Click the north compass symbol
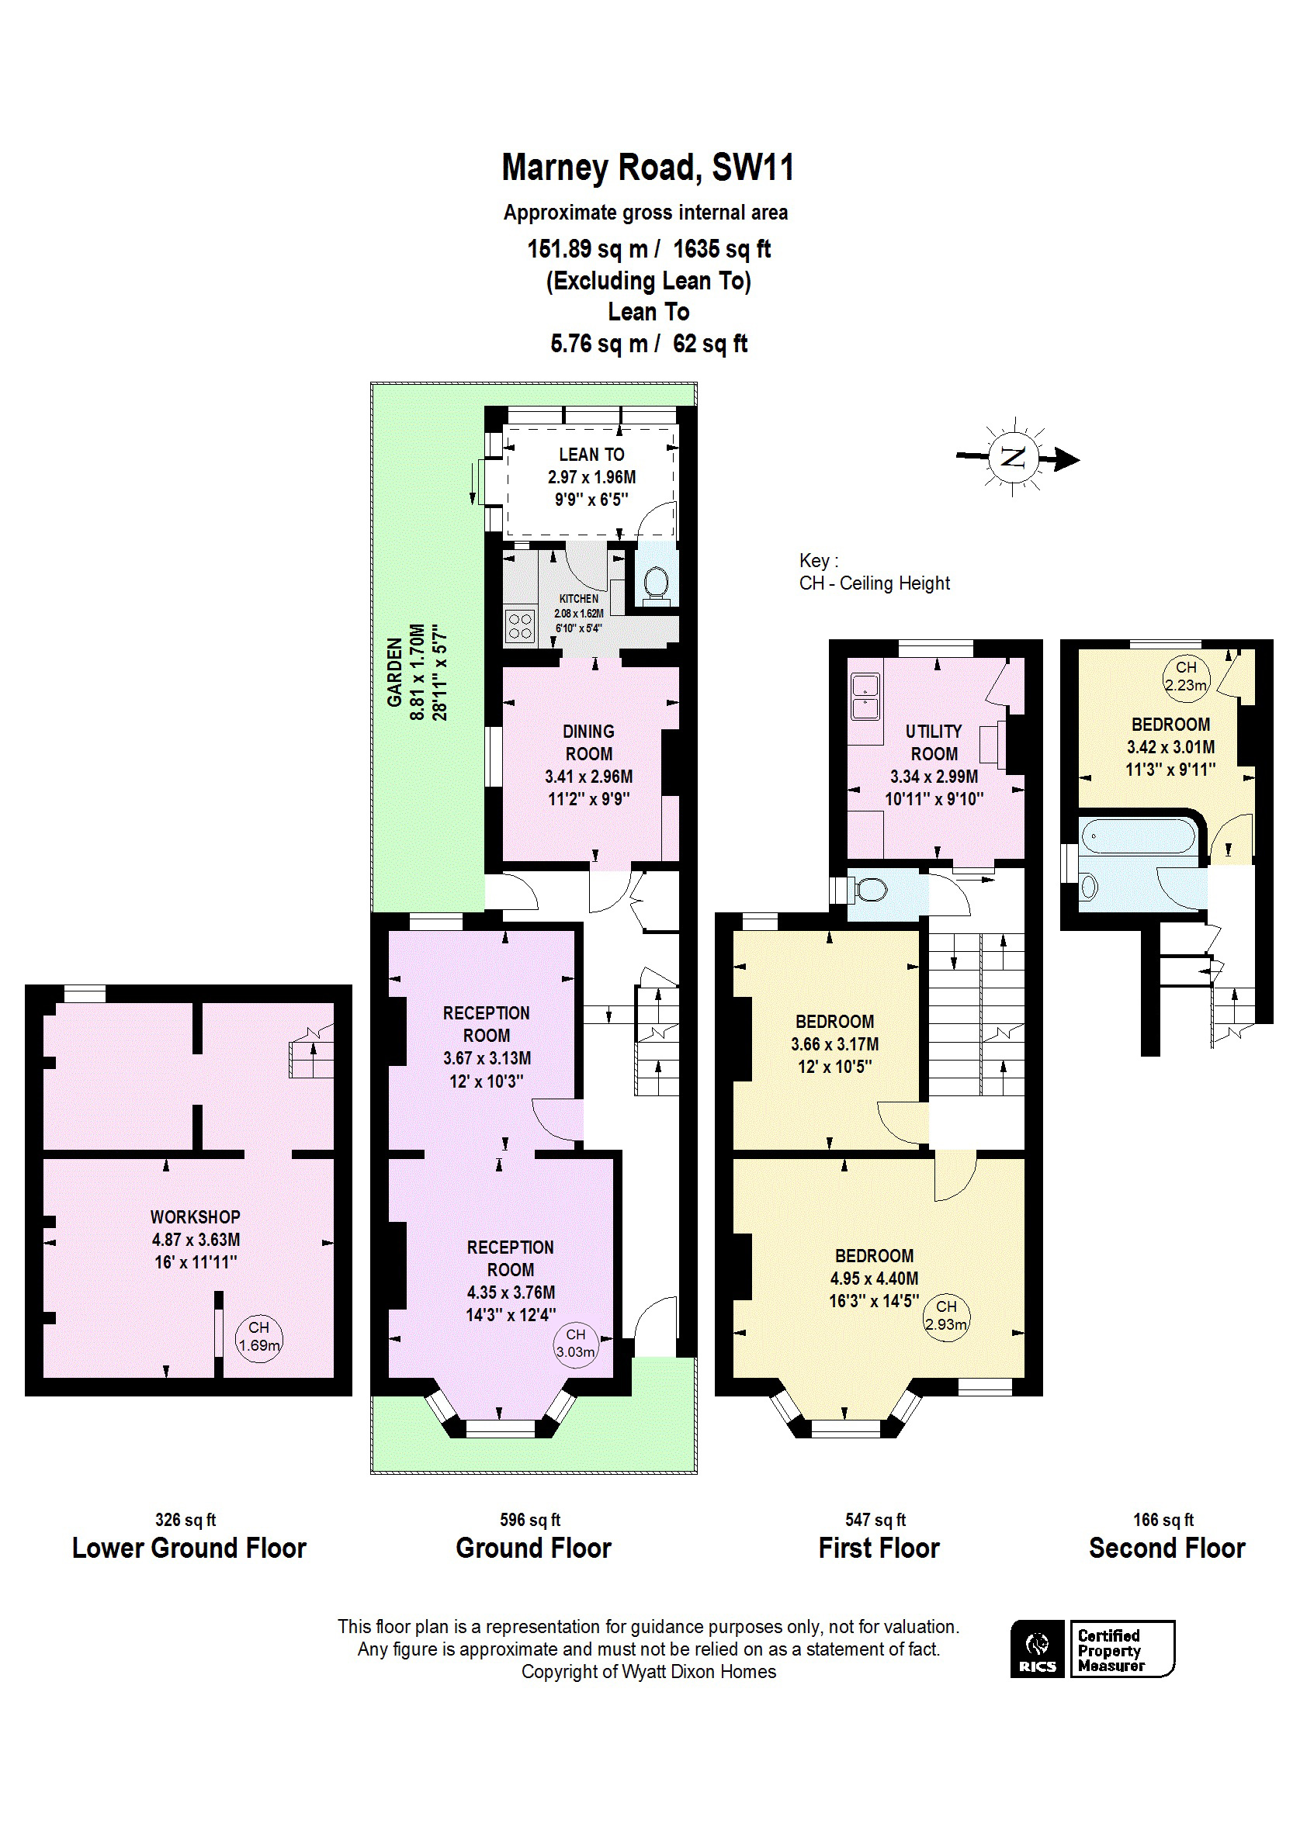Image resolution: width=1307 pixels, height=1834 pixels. coord(1015,458)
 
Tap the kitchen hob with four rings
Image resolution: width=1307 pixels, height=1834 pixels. coord(520,626)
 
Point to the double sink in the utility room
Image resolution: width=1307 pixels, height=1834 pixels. coord(865,697)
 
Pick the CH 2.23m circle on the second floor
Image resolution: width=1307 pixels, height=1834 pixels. coord(1185,677)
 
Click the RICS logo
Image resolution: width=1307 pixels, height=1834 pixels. coord(1038,1649)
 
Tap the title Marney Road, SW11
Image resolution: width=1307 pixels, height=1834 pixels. coord(648,168)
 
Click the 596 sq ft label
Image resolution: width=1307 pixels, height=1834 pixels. coord(529,1520)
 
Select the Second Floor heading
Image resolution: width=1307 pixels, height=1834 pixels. coord(1167,1548)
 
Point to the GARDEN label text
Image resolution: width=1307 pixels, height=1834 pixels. coord(394,673)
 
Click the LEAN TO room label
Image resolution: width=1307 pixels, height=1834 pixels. coord(591,455)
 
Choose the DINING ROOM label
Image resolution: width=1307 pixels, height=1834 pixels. coord(588,742)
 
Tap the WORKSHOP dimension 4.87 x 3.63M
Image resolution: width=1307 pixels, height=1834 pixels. coord(196,1240)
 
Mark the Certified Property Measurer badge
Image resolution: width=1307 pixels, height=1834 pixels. coord(1122,1649)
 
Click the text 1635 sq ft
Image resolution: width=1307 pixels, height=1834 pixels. coord(722,249)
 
